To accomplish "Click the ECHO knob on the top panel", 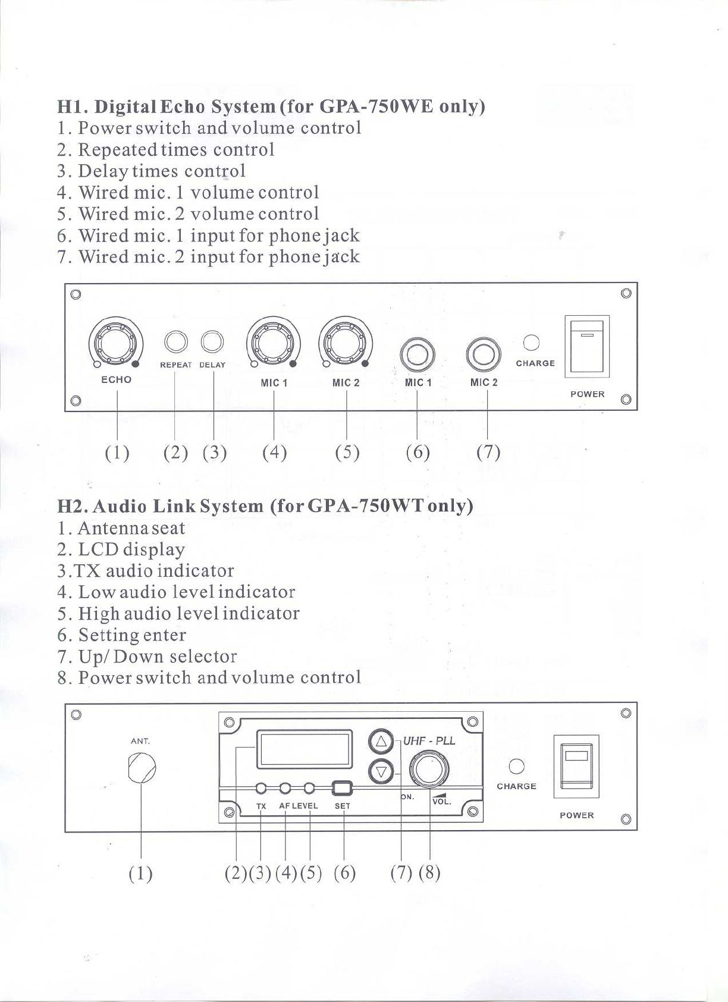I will pyautogui.click(x=116, y=343).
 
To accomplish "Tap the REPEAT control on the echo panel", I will pyautogui.click(x=175, y=342).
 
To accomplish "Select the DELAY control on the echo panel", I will pyautogui.click(x=212, y=342).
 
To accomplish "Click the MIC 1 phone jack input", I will pyautogui.click(x=418, y=354).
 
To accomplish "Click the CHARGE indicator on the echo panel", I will pyautogui.click(x=531, y=343).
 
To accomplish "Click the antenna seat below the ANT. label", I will pyautogui.click(x=142, y=768).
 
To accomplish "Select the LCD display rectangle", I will pyautogui.click(x=305, y=749).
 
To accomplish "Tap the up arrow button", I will pyautogui.click(x=381, y=742).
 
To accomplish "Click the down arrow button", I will pyautogui.click(x=381, y=772).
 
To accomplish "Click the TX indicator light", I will pyautogui.click(x=261, y=789).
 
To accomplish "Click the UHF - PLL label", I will pyautogui.click(x=429, y=740).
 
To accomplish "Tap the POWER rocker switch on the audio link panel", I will pyautogui.click(x=576, y=767).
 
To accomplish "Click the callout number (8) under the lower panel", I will pyautogui.click(x=429, y=872).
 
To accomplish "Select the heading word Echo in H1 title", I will pyautogui.click(x=184, y=106).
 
